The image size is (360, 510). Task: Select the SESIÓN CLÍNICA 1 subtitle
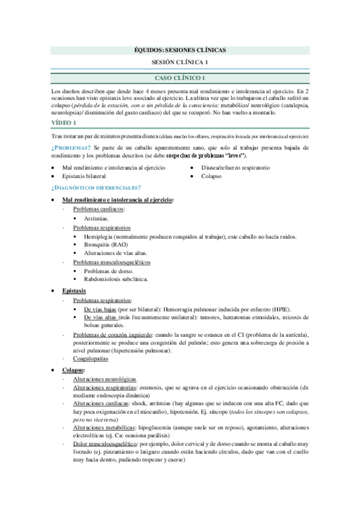180,63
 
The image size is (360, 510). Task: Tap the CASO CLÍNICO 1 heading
180,78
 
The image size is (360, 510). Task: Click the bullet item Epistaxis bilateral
84,176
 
